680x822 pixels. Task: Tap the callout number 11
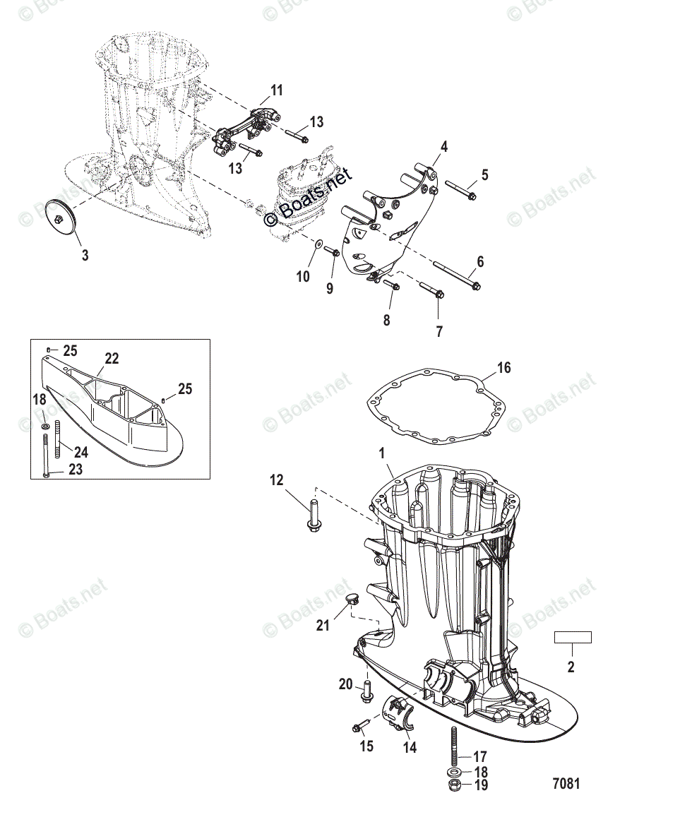point(277,90)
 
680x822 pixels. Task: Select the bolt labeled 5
point(460,190)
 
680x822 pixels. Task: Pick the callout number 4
point(444,147)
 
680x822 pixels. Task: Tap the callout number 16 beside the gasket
point(503,368)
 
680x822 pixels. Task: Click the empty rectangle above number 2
point(572,638)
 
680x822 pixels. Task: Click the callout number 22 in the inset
point(112,359)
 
